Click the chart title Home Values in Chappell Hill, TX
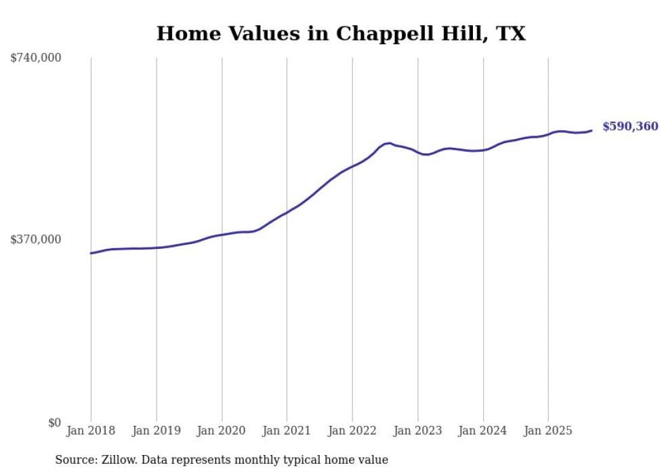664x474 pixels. click(x=341, y=33)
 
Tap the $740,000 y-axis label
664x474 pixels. click(x=36, y=58)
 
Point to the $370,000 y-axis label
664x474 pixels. click(x=36, y=239)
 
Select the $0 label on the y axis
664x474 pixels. click(x=55, y=422)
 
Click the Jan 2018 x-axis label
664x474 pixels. click(x=91, y=431)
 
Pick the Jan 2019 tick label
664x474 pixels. click(x=157, y=431)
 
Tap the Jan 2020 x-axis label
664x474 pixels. click(x=222, y=431)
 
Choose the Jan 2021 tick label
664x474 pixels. click(x=287, y=431)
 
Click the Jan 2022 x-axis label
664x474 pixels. click(x=352, y=431)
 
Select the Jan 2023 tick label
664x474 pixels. click(x=417, y=431)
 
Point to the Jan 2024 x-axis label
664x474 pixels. click(x=483, y=431)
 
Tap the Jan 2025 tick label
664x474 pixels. click(x=548, y=431)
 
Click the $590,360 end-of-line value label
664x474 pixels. click(x=629, y=127)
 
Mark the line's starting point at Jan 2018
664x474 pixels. click(x=91, y=253)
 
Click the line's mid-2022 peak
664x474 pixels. click(x=388, y=143)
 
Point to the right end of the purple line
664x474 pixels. click(x=592, y=130)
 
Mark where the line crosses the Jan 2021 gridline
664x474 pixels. click(x=287, y=212)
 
